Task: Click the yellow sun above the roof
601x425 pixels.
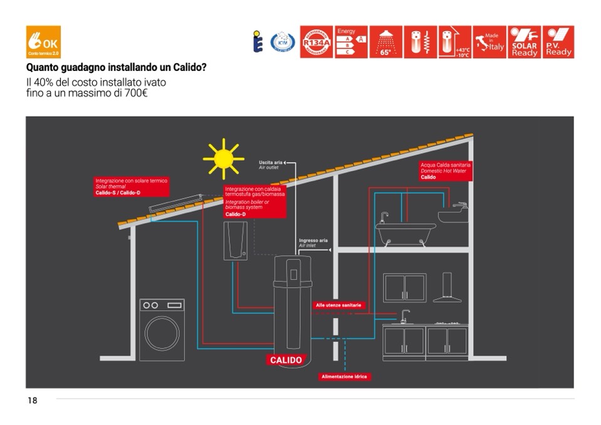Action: pyautogui.click(x=222, y=159)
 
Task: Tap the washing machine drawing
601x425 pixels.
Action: pyautogui.click(x=162, y=330)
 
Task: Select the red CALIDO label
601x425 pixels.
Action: pyautogui.click(x=286, y=360)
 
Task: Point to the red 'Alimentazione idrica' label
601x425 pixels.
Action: pyautogui.click(x=345, y=377)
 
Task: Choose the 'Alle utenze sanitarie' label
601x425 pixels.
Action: pyautogui.click(x=338, y=305)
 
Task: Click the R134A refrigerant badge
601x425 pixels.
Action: pyautogui.click(x=316, y=42)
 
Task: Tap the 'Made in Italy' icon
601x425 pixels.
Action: pyautogui.click(x=489, y=42)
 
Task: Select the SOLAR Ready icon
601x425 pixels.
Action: pyautogui.click(x=524, y=42)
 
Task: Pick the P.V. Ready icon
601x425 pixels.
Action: pyautogui.click(x=558, y=42)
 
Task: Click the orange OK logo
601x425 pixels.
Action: pyautogui.click(x=43, y=42)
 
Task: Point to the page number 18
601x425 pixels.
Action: pyautogui.click(x=32, y=401)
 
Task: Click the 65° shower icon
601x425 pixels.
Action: pyautogui.click(x=385, y=42)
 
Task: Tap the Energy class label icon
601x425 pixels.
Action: pyautogui.click(x=351, y=42)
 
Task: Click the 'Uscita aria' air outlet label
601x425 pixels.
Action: pyautogui.click(x=271, y=165)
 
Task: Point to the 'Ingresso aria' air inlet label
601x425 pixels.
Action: pyautogui.click(x=313, y=243)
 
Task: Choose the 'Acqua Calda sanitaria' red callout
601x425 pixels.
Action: pyautogui.click(x=445, y=171)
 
